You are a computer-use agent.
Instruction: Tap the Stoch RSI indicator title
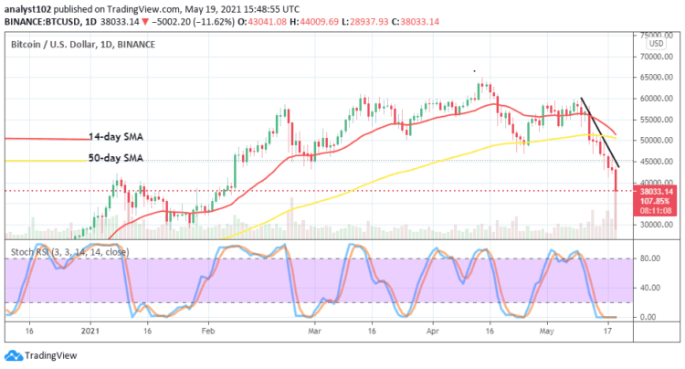pos(68,251)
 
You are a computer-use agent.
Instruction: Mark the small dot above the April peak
pos(472,71)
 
